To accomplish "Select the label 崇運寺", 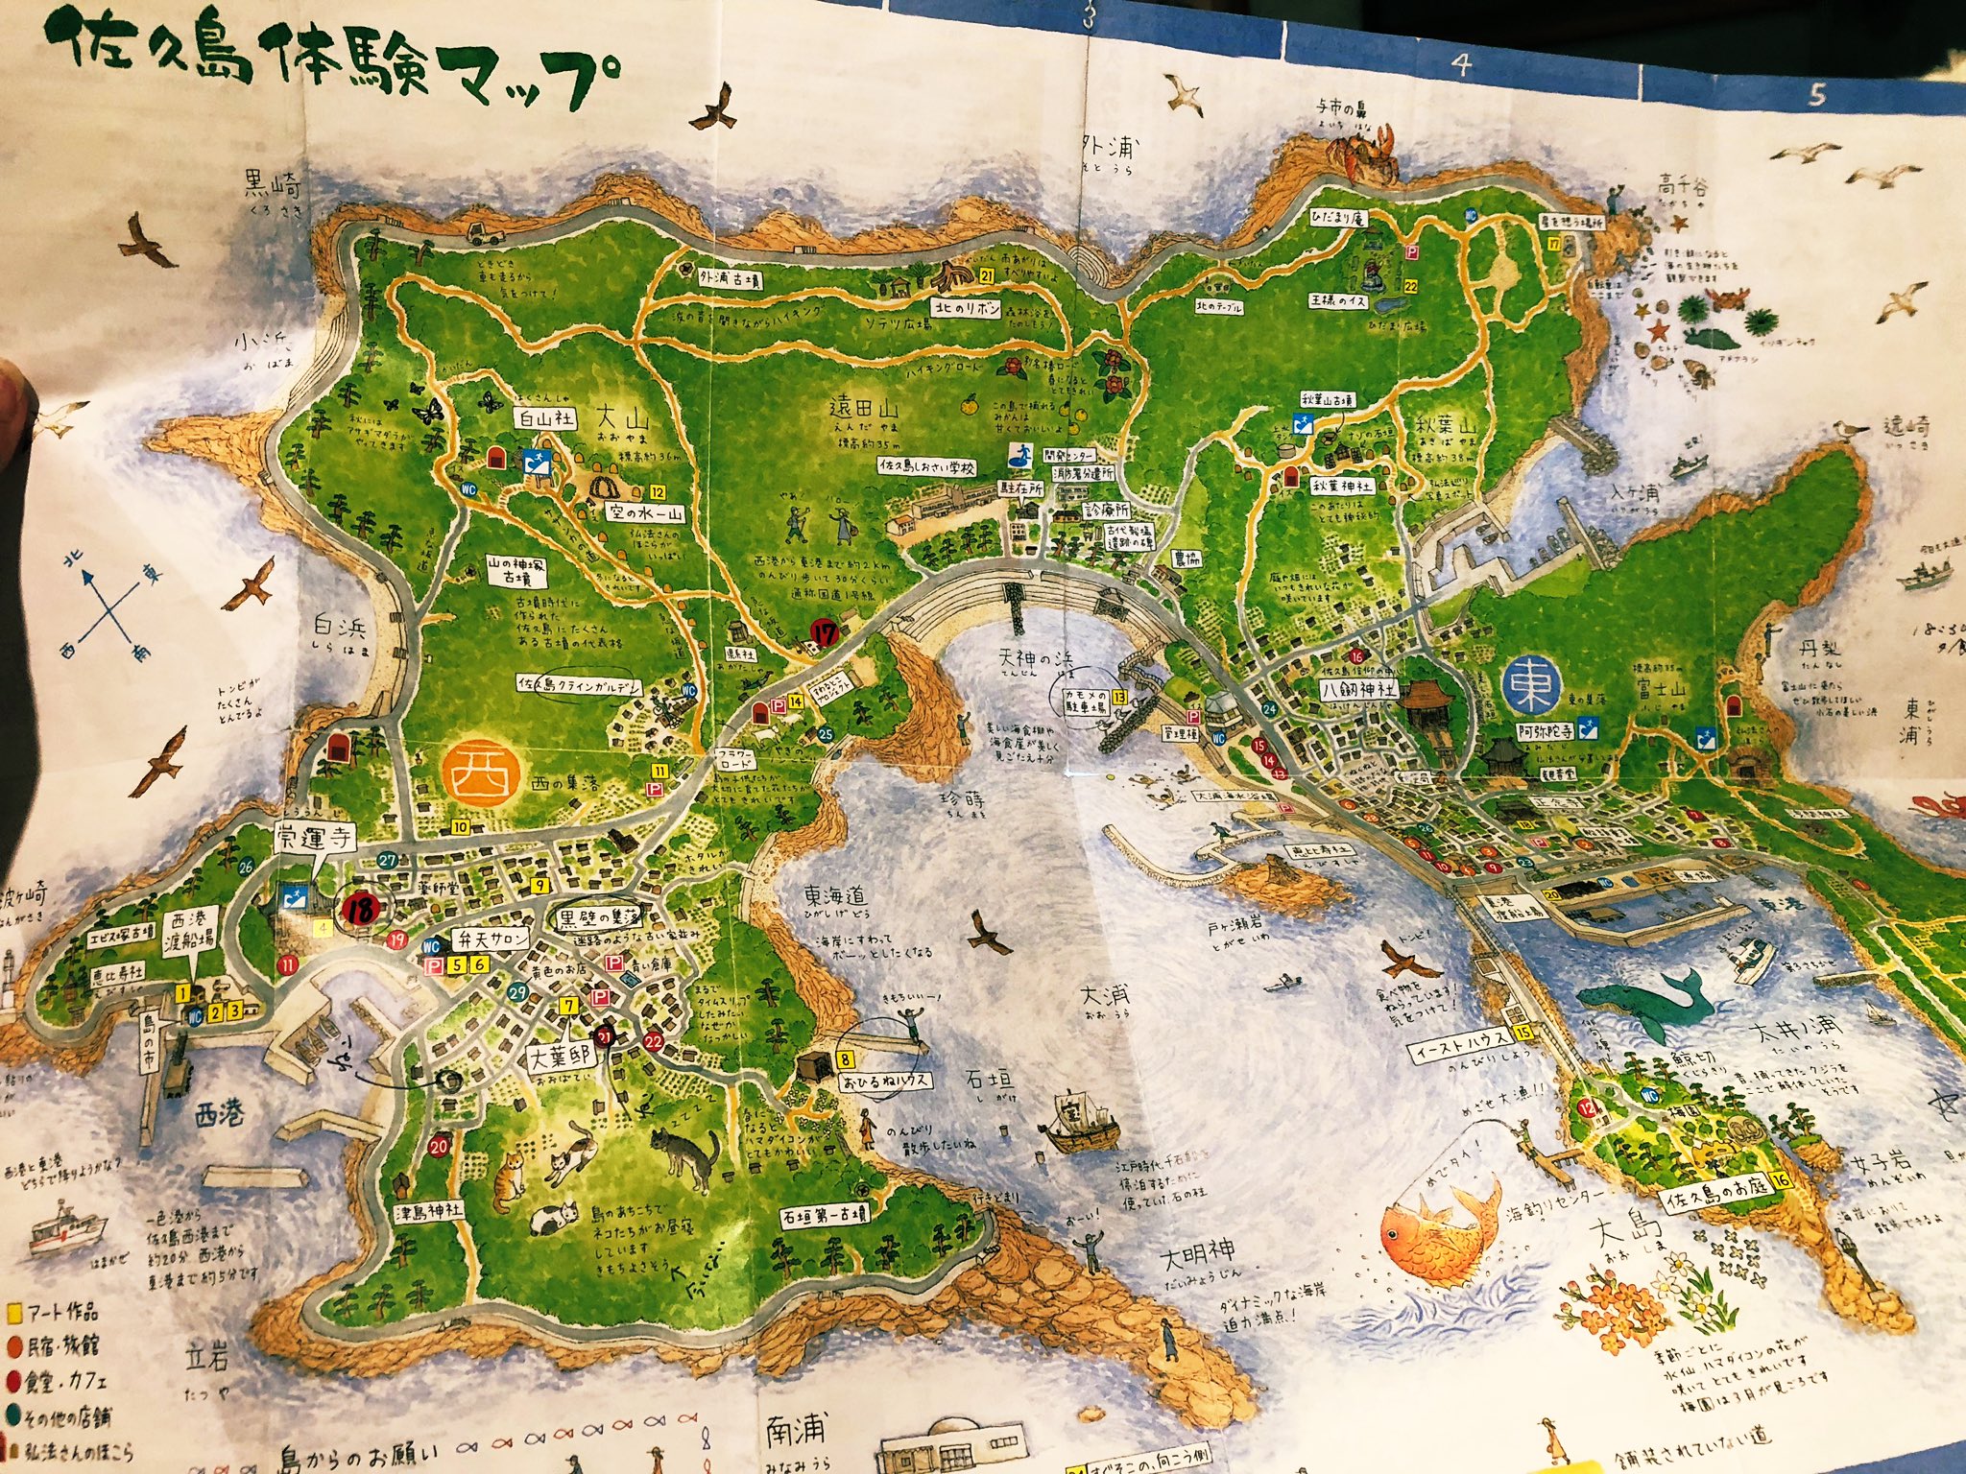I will [x=315, y=837].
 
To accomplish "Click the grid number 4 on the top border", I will [x=1461, y=64].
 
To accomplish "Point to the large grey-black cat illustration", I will [x=684, y=1155].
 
